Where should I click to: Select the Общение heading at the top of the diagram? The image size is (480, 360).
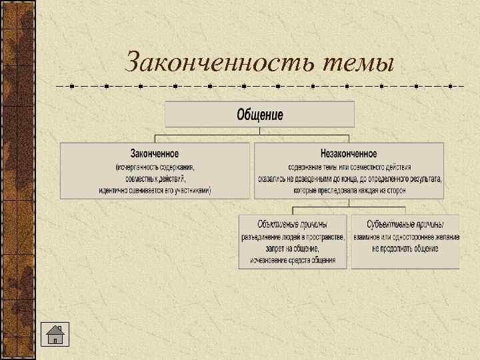tap(260, 115)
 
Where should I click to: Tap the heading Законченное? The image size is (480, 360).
tap(155, 154)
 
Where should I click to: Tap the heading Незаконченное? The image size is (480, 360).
tap(349, 154)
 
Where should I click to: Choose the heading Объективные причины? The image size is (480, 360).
tap(293, 224)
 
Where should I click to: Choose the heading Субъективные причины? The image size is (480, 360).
tap(405, 224)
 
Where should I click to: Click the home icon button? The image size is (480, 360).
tap(55, 333)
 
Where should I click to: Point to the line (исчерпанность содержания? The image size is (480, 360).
tap(155, 167)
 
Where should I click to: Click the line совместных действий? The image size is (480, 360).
tap(155, 179)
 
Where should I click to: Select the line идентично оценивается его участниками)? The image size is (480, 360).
tap(155, 191)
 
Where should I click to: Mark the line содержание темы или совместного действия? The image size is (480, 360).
tap(349, 167)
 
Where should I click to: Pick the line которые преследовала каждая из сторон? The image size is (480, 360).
tap(349, 191)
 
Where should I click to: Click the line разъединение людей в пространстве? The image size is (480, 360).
tap(293, 237)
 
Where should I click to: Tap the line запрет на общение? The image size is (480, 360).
tap(293, 248)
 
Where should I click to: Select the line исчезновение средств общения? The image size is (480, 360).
tap(293, 259)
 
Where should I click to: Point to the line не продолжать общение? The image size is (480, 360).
tap(405, 248)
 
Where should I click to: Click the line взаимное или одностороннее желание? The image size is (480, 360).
tap(405, 237)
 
